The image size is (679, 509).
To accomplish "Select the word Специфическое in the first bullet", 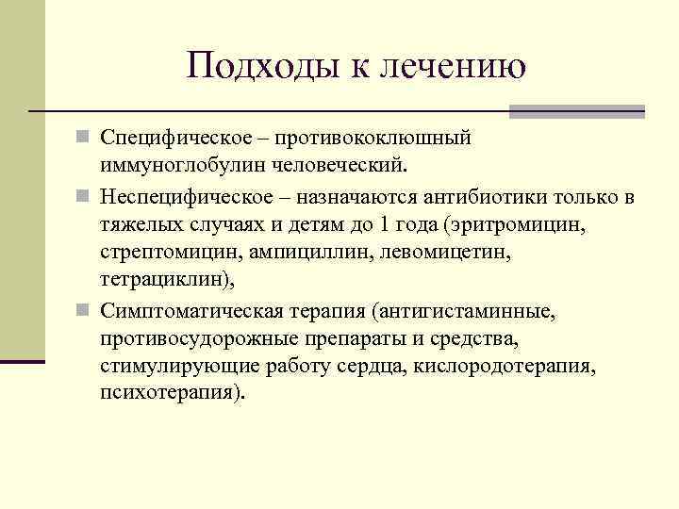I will tap(176, 139).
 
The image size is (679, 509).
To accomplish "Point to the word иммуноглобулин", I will tap(175, 167).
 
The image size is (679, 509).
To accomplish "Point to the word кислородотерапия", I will tap(520, 367).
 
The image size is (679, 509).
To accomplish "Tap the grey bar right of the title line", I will tap(576, 111).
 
